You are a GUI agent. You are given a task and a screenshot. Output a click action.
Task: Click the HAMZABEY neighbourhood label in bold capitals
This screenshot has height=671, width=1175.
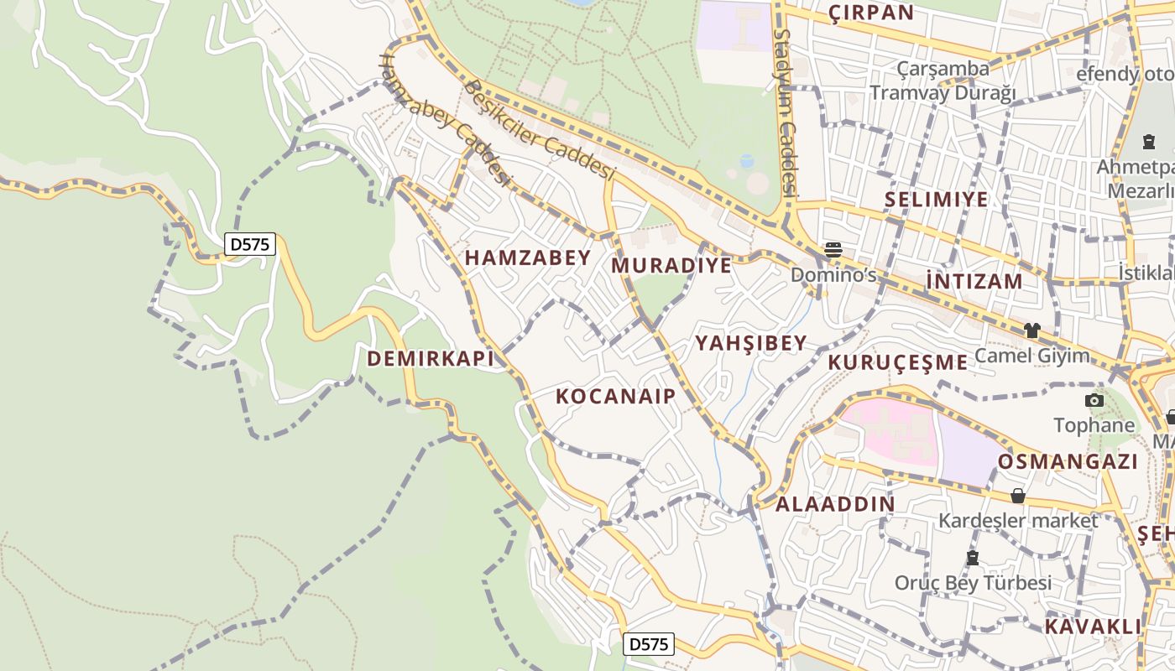(528, 257)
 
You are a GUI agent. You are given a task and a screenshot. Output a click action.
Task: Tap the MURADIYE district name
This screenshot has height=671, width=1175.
(671, 266)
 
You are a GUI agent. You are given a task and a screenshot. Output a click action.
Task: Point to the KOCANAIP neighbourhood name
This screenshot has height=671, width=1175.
(616, 396)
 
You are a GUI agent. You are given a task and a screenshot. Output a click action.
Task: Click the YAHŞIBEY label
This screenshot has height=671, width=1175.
(751, 343)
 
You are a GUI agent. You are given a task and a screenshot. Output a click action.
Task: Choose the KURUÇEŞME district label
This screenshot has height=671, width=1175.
(898, 362)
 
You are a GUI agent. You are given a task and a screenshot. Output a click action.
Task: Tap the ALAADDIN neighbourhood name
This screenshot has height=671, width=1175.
(835, 504)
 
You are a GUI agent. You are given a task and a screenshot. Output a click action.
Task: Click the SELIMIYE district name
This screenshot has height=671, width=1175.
(936, 200)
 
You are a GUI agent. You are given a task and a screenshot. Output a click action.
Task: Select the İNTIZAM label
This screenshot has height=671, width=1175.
(974, 281)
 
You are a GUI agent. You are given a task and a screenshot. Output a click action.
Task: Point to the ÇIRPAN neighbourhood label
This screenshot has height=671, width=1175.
(871, 13)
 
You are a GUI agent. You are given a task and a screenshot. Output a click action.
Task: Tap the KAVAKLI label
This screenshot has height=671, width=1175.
(1094, 627)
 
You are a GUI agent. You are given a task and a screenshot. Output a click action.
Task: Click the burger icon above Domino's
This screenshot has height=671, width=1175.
(833, 249)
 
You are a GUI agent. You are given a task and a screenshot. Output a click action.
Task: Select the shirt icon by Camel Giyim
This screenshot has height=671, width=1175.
(1031, 330)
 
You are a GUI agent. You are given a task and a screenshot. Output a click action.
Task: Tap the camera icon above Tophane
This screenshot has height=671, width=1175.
(1094, 400)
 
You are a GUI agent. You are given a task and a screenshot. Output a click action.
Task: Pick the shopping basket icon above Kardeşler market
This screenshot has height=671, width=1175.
(1018, 496)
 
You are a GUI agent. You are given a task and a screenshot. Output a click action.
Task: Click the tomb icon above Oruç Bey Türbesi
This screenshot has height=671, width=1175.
(973, 558)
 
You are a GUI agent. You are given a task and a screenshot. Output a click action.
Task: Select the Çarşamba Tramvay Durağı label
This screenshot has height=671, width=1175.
(943, 81)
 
